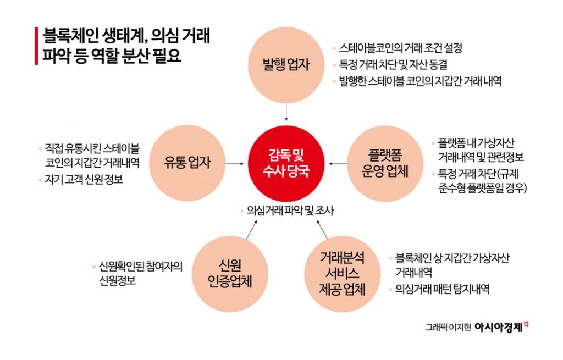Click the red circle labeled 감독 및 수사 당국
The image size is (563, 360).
[286, 164]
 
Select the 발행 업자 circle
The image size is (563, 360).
[286, 65]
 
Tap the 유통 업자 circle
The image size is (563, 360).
[187, 163]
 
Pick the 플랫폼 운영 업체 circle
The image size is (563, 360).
[385, 164]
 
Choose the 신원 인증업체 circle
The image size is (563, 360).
[230, 274]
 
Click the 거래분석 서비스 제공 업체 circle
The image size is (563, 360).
[342, 274]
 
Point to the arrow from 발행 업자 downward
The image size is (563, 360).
[286, 112]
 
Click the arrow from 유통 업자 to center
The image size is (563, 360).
[235, 164]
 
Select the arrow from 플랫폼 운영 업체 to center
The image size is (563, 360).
[338, 164]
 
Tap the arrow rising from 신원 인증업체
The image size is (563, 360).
[252, 230]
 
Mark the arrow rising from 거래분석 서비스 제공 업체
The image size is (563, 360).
[322, 230]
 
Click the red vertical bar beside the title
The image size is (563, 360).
[36, 46]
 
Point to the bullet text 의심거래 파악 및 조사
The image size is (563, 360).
[290, 211]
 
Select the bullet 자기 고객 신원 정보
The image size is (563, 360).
[84, 179]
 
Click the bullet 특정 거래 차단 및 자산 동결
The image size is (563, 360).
[394, 65]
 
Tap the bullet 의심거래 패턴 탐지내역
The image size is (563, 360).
[443, 289]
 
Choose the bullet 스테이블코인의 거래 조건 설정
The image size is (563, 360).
[400, 48]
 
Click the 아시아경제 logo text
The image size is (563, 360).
[499, 328]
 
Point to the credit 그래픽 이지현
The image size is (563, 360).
[448, 328]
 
